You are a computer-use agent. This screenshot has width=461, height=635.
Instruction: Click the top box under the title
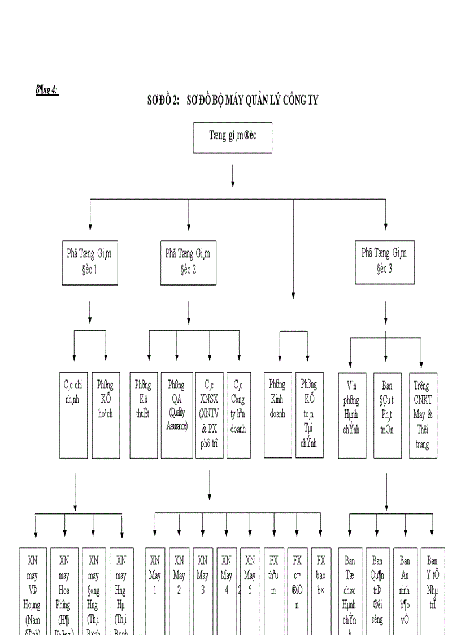pos(232,137)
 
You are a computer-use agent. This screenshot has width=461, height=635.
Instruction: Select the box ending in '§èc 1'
pos(90,262)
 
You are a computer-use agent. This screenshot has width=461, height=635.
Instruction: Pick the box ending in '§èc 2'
pos(188,262)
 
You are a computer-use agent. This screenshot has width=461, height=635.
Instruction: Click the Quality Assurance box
pos(176,414)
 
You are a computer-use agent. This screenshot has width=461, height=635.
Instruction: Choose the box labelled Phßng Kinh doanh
pos(278,414)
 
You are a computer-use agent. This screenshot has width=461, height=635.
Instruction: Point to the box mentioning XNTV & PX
pos(209,414)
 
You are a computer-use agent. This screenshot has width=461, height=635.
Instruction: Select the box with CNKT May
pos(423,415)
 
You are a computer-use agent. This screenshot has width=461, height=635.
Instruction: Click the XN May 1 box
pos(155,588)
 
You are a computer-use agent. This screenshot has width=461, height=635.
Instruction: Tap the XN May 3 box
pos(202,588)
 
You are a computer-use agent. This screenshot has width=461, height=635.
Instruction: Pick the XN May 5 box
pos(250,588)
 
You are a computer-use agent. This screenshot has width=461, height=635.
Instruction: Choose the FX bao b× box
pos(321,588)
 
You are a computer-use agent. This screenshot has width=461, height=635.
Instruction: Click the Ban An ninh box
pos(405,588)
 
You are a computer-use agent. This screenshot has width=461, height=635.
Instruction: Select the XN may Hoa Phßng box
pos(64,588)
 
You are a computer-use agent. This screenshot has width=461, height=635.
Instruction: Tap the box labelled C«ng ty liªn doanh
pos(238,414)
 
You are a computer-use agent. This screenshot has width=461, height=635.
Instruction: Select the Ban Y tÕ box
pos(432,588)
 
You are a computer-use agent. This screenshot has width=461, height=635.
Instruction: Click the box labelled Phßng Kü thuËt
pos(143,414)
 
